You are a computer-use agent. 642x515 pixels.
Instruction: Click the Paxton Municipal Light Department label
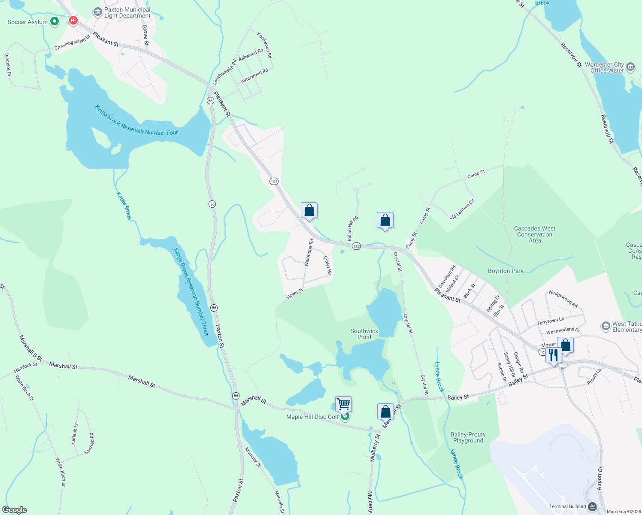click(x=127, y=12)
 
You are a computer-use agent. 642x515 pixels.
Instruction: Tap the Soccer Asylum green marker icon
click(x=55, y=21)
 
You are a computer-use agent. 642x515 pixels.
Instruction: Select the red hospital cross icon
click(x=73, y=20)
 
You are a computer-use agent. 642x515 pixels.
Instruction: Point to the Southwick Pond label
click(x=364, y=334)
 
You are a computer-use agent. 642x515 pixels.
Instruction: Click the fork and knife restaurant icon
click(x=554, y=355)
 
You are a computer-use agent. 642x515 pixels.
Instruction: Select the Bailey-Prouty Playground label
click(x=468, y=437)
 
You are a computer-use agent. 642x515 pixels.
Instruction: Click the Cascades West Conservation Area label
click(x=535, y=234)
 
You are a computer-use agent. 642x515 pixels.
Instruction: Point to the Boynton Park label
click(x=506, y=271)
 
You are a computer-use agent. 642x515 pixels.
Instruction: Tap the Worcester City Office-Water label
click(x=604, y=67)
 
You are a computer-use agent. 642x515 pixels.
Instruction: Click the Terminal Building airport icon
click(x=592, y=506)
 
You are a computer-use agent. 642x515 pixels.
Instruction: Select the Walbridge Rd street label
click(x=309, y=252)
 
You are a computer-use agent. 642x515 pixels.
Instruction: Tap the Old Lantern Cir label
click(x=462, y=209)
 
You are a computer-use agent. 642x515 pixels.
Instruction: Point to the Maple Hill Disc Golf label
click(x=312, y=417)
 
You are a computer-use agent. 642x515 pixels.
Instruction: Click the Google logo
click(x=15, y=510)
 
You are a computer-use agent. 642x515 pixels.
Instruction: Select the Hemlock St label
click(x=26, y=367)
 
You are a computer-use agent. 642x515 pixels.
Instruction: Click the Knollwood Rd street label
click(x=264, y=45)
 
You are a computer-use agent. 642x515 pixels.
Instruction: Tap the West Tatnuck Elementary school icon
click(x=606, y=326)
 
